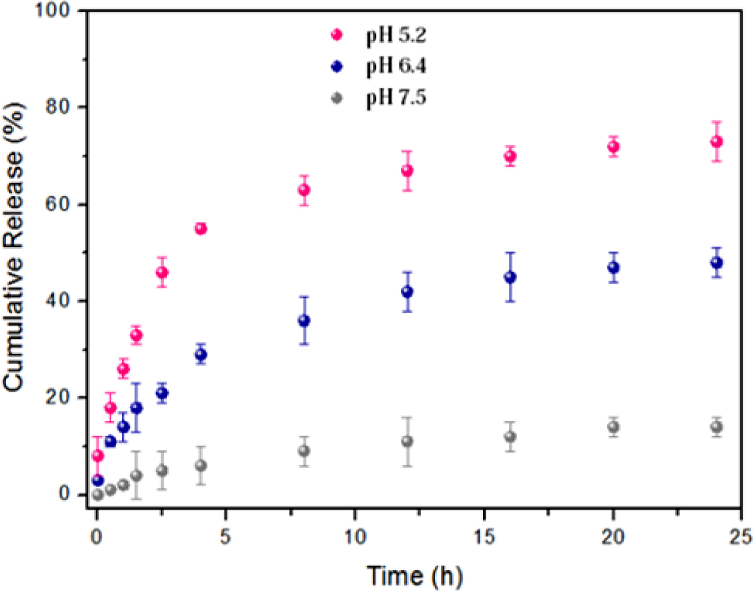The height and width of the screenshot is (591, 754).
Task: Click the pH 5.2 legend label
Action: (396, 36)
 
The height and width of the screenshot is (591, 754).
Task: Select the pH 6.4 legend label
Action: (396, 66)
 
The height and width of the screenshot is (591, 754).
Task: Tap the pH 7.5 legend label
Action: (396, 97)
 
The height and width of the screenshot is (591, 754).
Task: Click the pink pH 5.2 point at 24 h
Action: (716, 142)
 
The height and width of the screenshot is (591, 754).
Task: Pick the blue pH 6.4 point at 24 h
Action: (716, 263)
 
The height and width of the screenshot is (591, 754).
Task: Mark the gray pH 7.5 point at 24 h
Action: (716, 427)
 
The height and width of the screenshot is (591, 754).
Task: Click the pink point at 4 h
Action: (200, 229)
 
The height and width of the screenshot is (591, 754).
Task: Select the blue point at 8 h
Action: (304, 321)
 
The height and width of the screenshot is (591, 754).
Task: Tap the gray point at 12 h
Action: (407, 441)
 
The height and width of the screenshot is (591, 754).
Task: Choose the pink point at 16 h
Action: (510, 157)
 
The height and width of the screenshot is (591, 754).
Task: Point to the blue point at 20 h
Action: (613, 268)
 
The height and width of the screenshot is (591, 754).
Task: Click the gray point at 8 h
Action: (304, 451)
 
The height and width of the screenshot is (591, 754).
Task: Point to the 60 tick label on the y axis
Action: (59, 204)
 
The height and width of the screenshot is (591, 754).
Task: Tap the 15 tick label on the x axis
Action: (484, 537)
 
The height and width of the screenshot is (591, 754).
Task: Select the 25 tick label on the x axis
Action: (740, 537)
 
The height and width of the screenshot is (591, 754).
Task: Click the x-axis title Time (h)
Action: (414, 576)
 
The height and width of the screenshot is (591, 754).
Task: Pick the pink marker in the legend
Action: (337, 35)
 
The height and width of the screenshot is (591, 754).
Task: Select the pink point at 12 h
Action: (407, 171)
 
